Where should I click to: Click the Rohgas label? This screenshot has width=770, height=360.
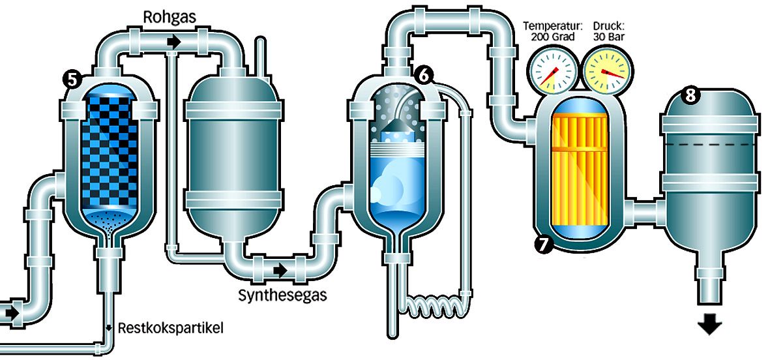point(170,17)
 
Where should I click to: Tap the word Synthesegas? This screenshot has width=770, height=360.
point(282,295)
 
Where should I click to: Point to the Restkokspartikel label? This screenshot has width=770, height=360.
point(170,328)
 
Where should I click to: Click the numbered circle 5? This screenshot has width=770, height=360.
point(72,79)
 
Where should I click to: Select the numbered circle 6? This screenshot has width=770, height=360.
point(424,75)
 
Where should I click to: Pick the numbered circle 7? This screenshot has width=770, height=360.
point(542,244)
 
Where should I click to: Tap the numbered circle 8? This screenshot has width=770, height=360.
point(690,96)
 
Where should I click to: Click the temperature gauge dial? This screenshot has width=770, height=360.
point(552,71)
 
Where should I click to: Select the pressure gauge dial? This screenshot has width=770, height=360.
point(608,71)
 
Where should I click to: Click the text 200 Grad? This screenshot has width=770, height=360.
point(553,37)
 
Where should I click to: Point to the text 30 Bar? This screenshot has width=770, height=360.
point(609,37)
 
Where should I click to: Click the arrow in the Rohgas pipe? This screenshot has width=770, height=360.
point(174,42)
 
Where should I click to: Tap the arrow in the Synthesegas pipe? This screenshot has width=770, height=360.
point(280,269)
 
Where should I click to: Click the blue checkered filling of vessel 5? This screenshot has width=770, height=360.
point(109,151)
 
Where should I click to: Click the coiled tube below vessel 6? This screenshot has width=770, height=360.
point(433,307)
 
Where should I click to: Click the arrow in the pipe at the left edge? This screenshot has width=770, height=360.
point(12,312)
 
